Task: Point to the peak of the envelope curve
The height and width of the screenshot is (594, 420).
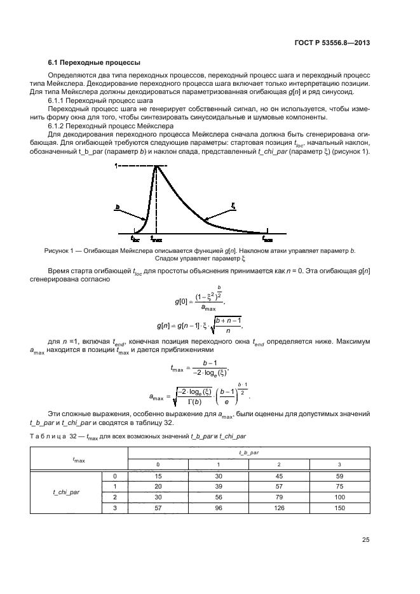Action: pos(156,166)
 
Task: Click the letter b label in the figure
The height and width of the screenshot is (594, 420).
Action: pos(118,206)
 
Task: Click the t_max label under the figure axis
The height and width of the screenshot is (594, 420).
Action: pos(156,240)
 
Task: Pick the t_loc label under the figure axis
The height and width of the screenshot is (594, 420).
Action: pos(135,240)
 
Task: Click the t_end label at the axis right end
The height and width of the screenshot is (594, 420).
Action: pos(268,240)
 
